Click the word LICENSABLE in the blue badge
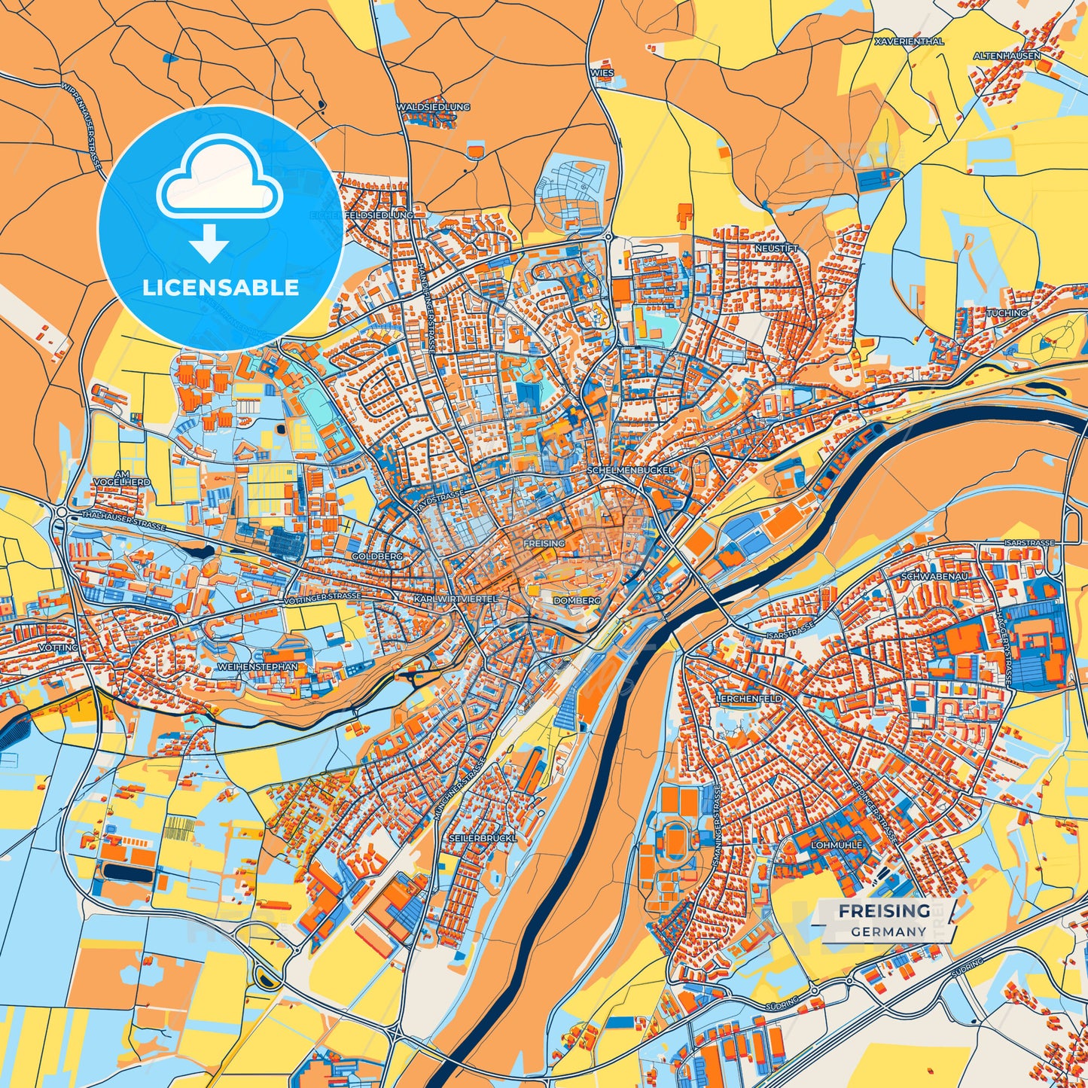221,288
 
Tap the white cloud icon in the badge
219,181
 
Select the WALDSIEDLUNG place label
433,108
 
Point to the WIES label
602,73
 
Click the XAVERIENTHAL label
909,42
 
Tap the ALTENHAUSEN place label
1007,56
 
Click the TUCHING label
1007,312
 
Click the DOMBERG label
577,601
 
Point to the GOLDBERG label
376,556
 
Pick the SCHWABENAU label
934,576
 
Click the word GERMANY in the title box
888,931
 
